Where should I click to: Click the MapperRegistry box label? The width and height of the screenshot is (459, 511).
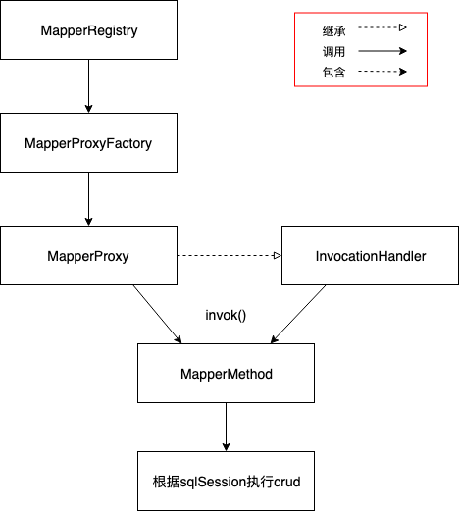click(89, 30)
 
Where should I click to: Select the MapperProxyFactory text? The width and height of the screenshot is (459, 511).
click(88, 143)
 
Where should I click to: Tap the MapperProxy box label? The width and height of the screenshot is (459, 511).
click(88, 256)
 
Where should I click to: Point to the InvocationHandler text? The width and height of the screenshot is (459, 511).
click(371, 256)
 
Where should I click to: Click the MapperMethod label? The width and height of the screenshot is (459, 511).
click(227, 374)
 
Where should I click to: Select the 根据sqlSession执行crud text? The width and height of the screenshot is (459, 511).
click(227, 482)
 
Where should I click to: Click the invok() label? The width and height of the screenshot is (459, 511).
click(226, 315)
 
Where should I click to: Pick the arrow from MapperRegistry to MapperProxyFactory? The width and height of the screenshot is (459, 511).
click(88, 86)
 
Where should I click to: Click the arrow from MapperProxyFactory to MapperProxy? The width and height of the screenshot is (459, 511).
click(88, 199)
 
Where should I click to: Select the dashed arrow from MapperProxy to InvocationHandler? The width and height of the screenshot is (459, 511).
click(229, 255)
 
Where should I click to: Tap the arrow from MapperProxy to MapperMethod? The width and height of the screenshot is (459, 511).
click(157, 314)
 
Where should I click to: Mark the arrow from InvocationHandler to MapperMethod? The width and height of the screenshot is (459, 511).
click(298, 314)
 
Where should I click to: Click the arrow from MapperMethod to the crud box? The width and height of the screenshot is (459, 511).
click(226, 427)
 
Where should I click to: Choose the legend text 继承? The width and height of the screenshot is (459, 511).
click(333, 31)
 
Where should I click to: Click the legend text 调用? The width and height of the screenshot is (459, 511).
click(333, 52)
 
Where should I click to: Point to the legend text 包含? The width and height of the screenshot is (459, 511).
click(333, 72)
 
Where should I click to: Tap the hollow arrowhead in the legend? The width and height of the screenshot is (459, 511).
click(403, 27)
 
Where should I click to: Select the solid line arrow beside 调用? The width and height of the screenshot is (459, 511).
click(382, 51)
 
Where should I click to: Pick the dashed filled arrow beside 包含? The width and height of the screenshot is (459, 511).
click(382, 72)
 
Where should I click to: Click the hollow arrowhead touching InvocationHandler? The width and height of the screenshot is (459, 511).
click(278, 255)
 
